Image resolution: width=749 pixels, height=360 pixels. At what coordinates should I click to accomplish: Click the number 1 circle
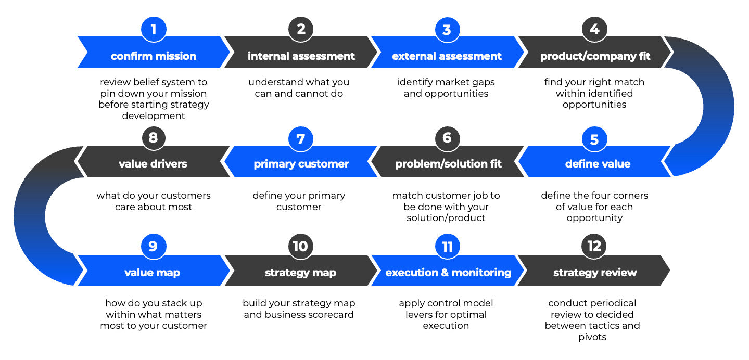click(x=154, y=29)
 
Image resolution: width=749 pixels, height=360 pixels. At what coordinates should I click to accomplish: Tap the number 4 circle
click(x=594, y=29)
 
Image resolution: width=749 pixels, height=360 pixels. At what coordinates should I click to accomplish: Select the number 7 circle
click(x=301, y=139)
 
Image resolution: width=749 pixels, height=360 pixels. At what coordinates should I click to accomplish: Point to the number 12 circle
click(x=594, y=246)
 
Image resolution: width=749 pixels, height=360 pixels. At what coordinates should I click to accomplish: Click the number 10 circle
click(x=301, y=246)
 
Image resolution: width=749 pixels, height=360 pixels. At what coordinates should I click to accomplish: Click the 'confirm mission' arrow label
click(x=154, y=56)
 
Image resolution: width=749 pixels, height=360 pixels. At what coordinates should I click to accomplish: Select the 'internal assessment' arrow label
click(x=301, y=56)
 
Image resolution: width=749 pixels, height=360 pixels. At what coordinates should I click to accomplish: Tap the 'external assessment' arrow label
click(x=447, y=56)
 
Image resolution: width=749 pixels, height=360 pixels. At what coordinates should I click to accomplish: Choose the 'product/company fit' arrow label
click(x=595, y=56)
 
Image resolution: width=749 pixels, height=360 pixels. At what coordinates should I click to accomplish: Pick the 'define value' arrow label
click(x=598, y=164)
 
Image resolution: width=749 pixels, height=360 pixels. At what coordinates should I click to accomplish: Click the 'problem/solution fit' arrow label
click(x=448, y=164)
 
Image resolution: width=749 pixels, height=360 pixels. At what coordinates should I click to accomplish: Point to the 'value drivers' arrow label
click(x=153, y=164)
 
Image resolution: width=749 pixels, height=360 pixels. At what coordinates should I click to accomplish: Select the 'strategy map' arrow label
click(x=301, y=273)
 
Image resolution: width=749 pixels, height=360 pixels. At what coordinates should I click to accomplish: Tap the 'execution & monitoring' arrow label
click(x=448, y=273)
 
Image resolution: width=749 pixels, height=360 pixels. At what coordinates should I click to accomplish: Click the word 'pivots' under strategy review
click(x=592, y=337)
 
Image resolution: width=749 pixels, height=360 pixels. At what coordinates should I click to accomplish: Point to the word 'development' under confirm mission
click(x=154, y=116)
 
